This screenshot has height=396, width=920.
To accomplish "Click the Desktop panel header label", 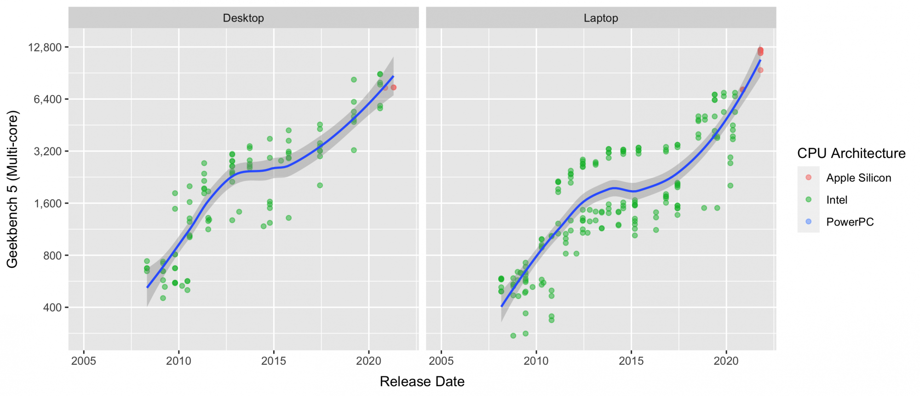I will pos(243,18).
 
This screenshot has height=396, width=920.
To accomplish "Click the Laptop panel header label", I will pos(601,18).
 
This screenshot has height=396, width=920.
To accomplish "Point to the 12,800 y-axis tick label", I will pos(45,47).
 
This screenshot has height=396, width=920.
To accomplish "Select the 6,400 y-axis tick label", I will pos(47,99).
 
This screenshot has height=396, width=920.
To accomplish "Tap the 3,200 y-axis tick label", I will pos(47,151).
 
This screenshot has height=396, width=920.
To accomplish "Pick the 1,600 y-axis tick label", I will pos(47,204).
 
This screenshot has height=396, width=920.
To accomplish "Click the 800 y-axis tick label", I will pos(52,255).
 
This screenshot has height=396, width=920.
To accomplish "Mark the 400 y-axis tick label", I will pos(52,307).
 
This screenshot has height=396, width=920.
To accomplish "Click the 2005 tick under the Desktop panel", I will pos(84,361).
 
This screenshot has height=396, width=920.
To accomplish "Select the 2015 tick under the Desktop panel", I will pos(274,361).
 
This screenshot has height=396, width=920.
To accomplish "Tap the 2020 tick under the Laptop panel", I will pos(726,361).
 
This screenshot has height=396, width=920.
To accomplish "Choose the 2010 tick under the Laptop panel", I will pos(536,361).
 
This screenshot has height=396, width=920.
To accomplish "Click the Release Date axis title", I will pos(422,382).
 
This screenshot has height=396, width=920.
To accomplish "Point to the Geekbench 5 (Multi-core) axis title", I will pos(12,189).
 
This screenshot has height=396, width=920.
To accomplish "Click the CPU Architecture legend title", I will pos(851,153).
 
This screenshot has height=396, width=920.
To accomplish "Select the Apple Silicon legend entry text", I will pos(858,178).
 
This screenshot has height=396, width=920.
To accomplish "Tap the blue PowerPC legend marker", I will pos(809,222).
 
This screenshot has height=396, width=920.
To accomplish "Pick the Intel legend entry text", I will pos(837,200).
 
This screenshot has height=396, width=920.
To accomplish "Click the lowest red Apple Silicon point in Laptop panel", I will pos(760,70).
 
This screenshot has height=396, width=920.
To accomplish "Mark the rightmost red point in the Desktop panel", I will pos(394,87).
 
